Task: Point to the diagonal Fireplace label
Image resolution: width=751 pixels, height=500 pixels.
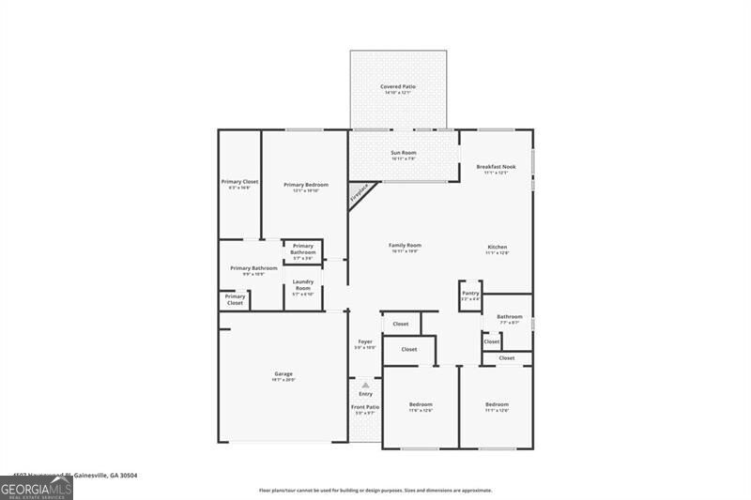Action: [x=360, y=193]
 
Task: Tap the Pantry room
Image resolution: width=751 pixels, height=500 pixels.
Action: [x=470, y=295]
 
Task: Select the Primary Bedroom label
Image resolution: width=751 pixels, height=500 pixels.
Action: [x=306, y=187]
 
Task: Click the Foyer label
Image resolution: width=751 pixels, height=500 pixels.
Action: [x=365, y=344]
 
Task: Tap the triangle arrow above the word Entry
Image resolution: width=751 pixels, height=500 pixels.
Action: [x=365, y=385]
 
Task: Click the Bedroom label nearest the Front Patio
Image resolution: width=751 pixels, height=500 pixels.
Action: [x=420, y=406]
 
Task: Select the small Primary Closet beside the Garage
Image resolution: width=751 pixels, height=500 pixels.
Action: [x=234, y=299]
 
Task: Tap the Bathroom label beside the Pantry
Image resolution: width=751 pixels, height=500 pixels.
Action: [x=510, y=319]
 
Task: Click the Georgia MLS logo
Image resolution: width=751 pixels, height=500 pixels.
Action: [x=37, y=488]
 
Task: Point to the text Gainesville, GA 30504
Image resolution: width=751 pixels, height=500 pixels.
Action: [x=104, y=476]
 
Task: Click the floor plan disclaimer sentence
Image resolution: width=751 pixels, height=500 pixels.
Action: [x=375, y=491]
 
